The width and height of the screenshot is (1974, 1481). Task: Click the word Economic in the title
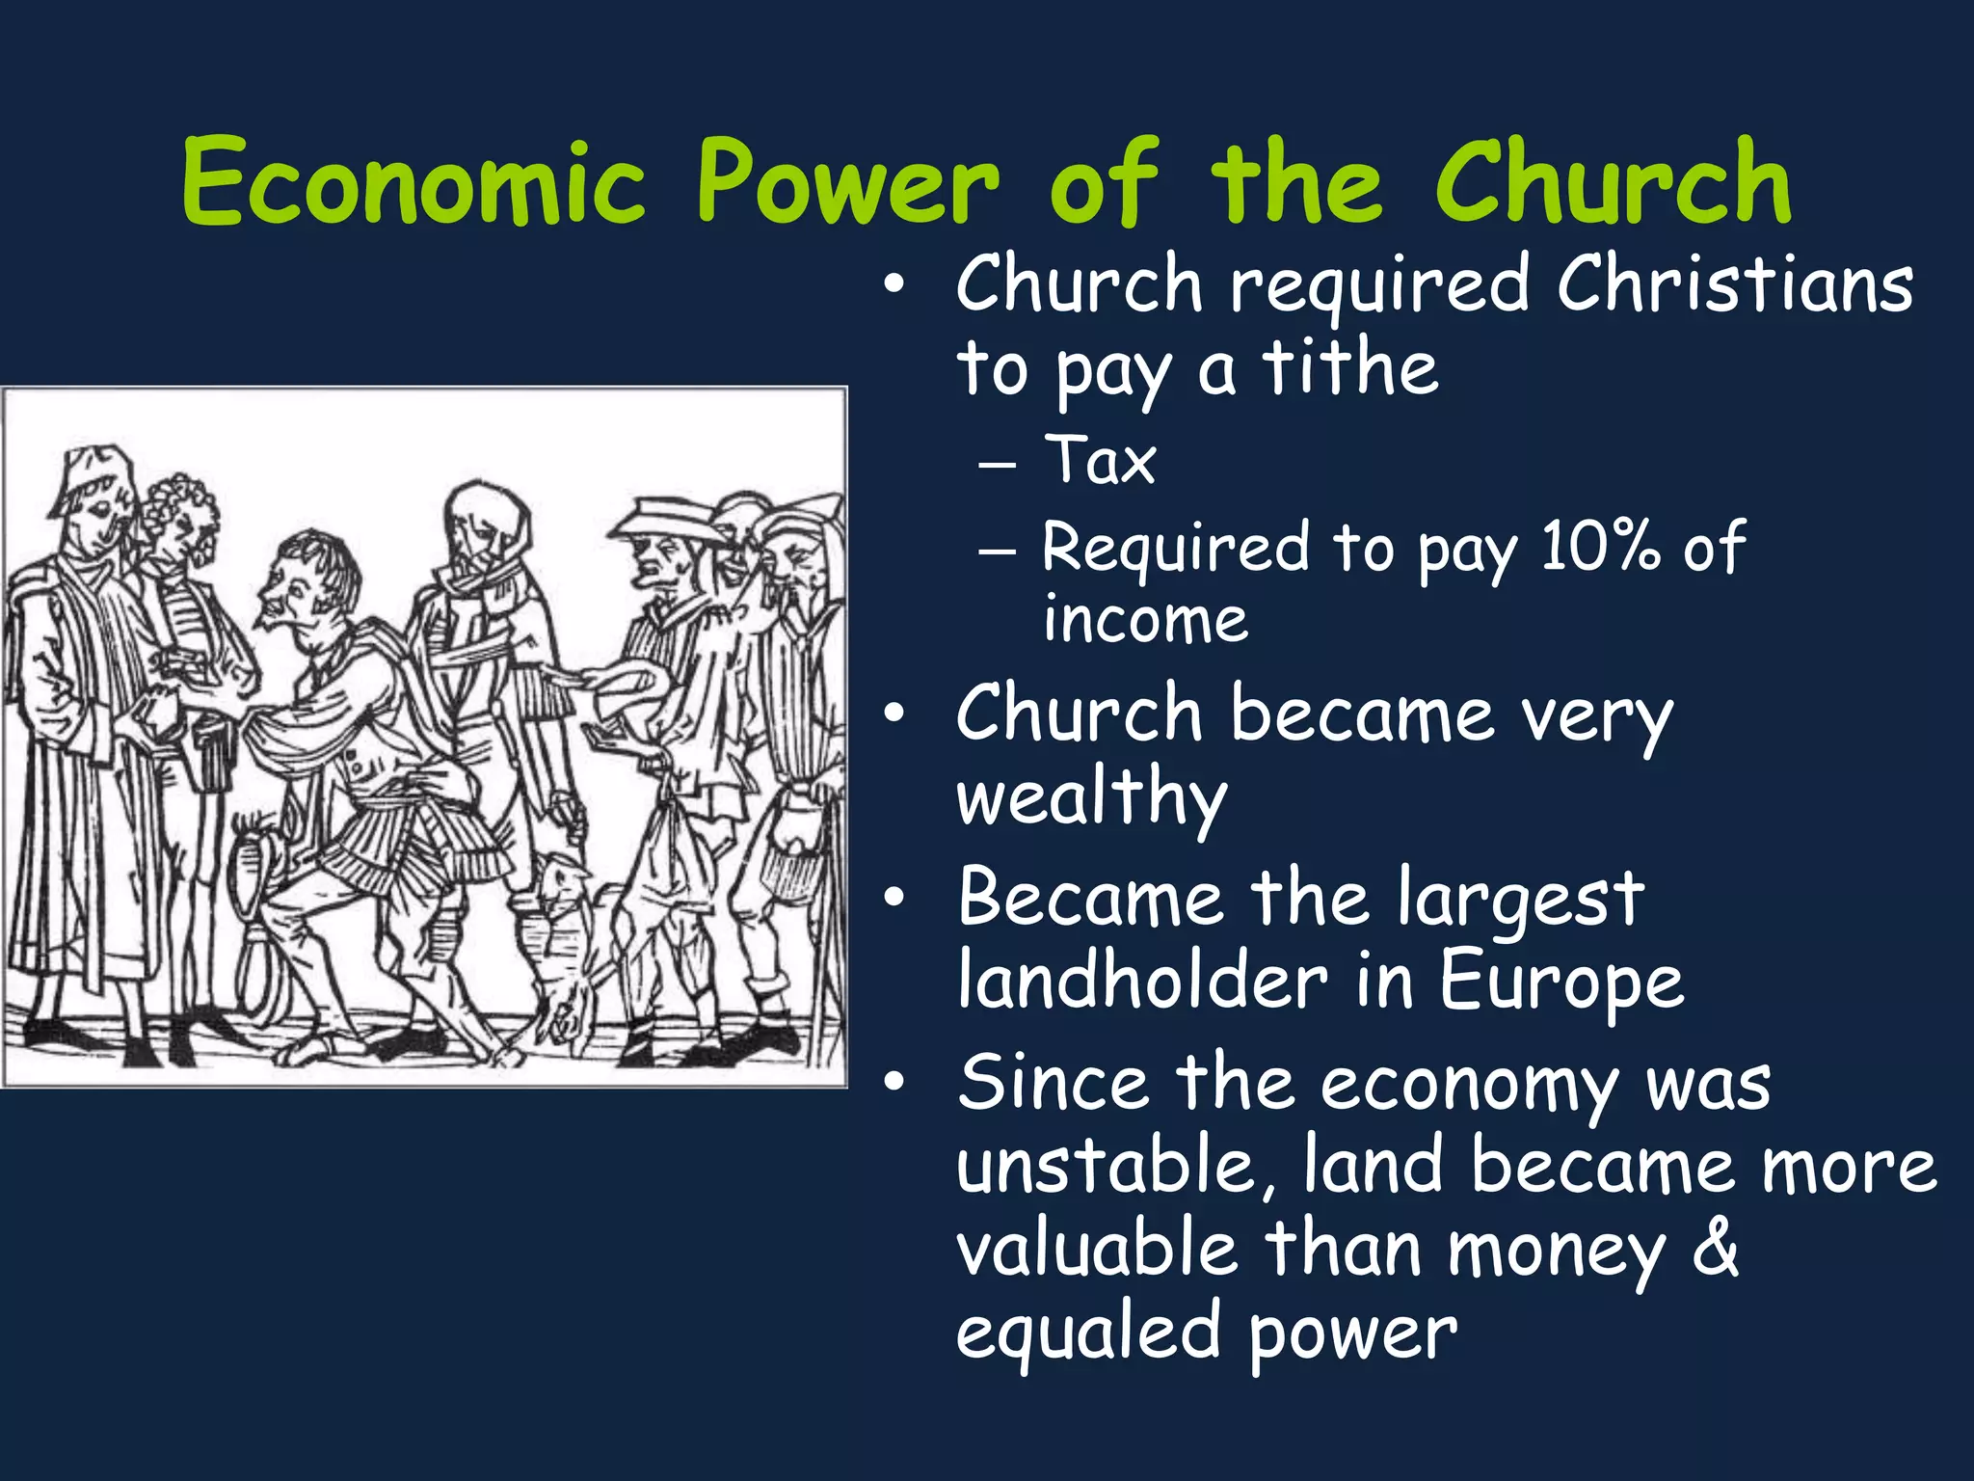click(413, 183)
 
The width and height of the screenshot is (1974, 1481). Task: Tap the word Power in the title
click(848, 183)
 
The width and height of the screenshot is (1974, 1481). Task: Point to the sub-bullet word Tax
click(1101, 461)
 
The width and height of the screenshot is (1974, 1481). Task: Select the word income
click(1145, 619)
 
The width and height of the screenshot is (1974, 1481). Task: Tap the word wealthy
click(1091, 798)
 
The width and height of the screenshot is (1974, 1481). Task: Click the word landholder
click(1143, 982)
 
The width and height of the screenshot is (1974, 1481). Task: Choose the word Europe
click(1561, 982)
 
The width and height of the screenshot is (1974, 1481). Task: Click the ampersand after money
click(1716, 1250)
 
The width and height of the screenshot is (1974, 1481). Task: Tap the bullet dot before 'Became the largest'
click(894, 899)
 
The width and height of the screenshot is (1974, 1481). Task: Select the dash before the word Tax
click(997, 464)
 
